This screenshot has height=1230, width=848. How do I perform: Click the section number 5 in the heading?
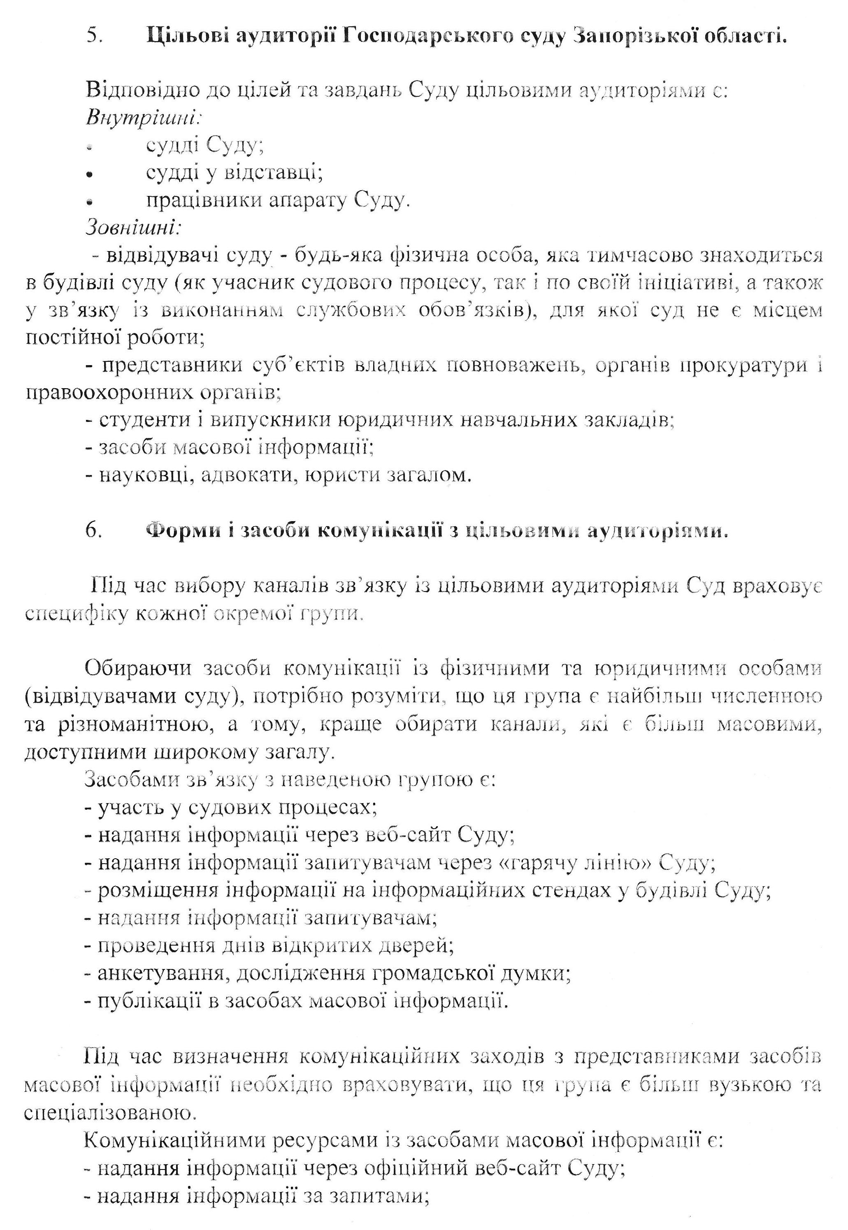tap(94, 38)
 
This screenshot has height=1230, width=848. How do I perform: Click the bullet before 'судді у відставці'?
tap(91, 175)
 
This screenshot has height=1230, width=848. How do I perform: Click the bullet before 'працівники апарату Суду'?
tap(91, 203)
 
